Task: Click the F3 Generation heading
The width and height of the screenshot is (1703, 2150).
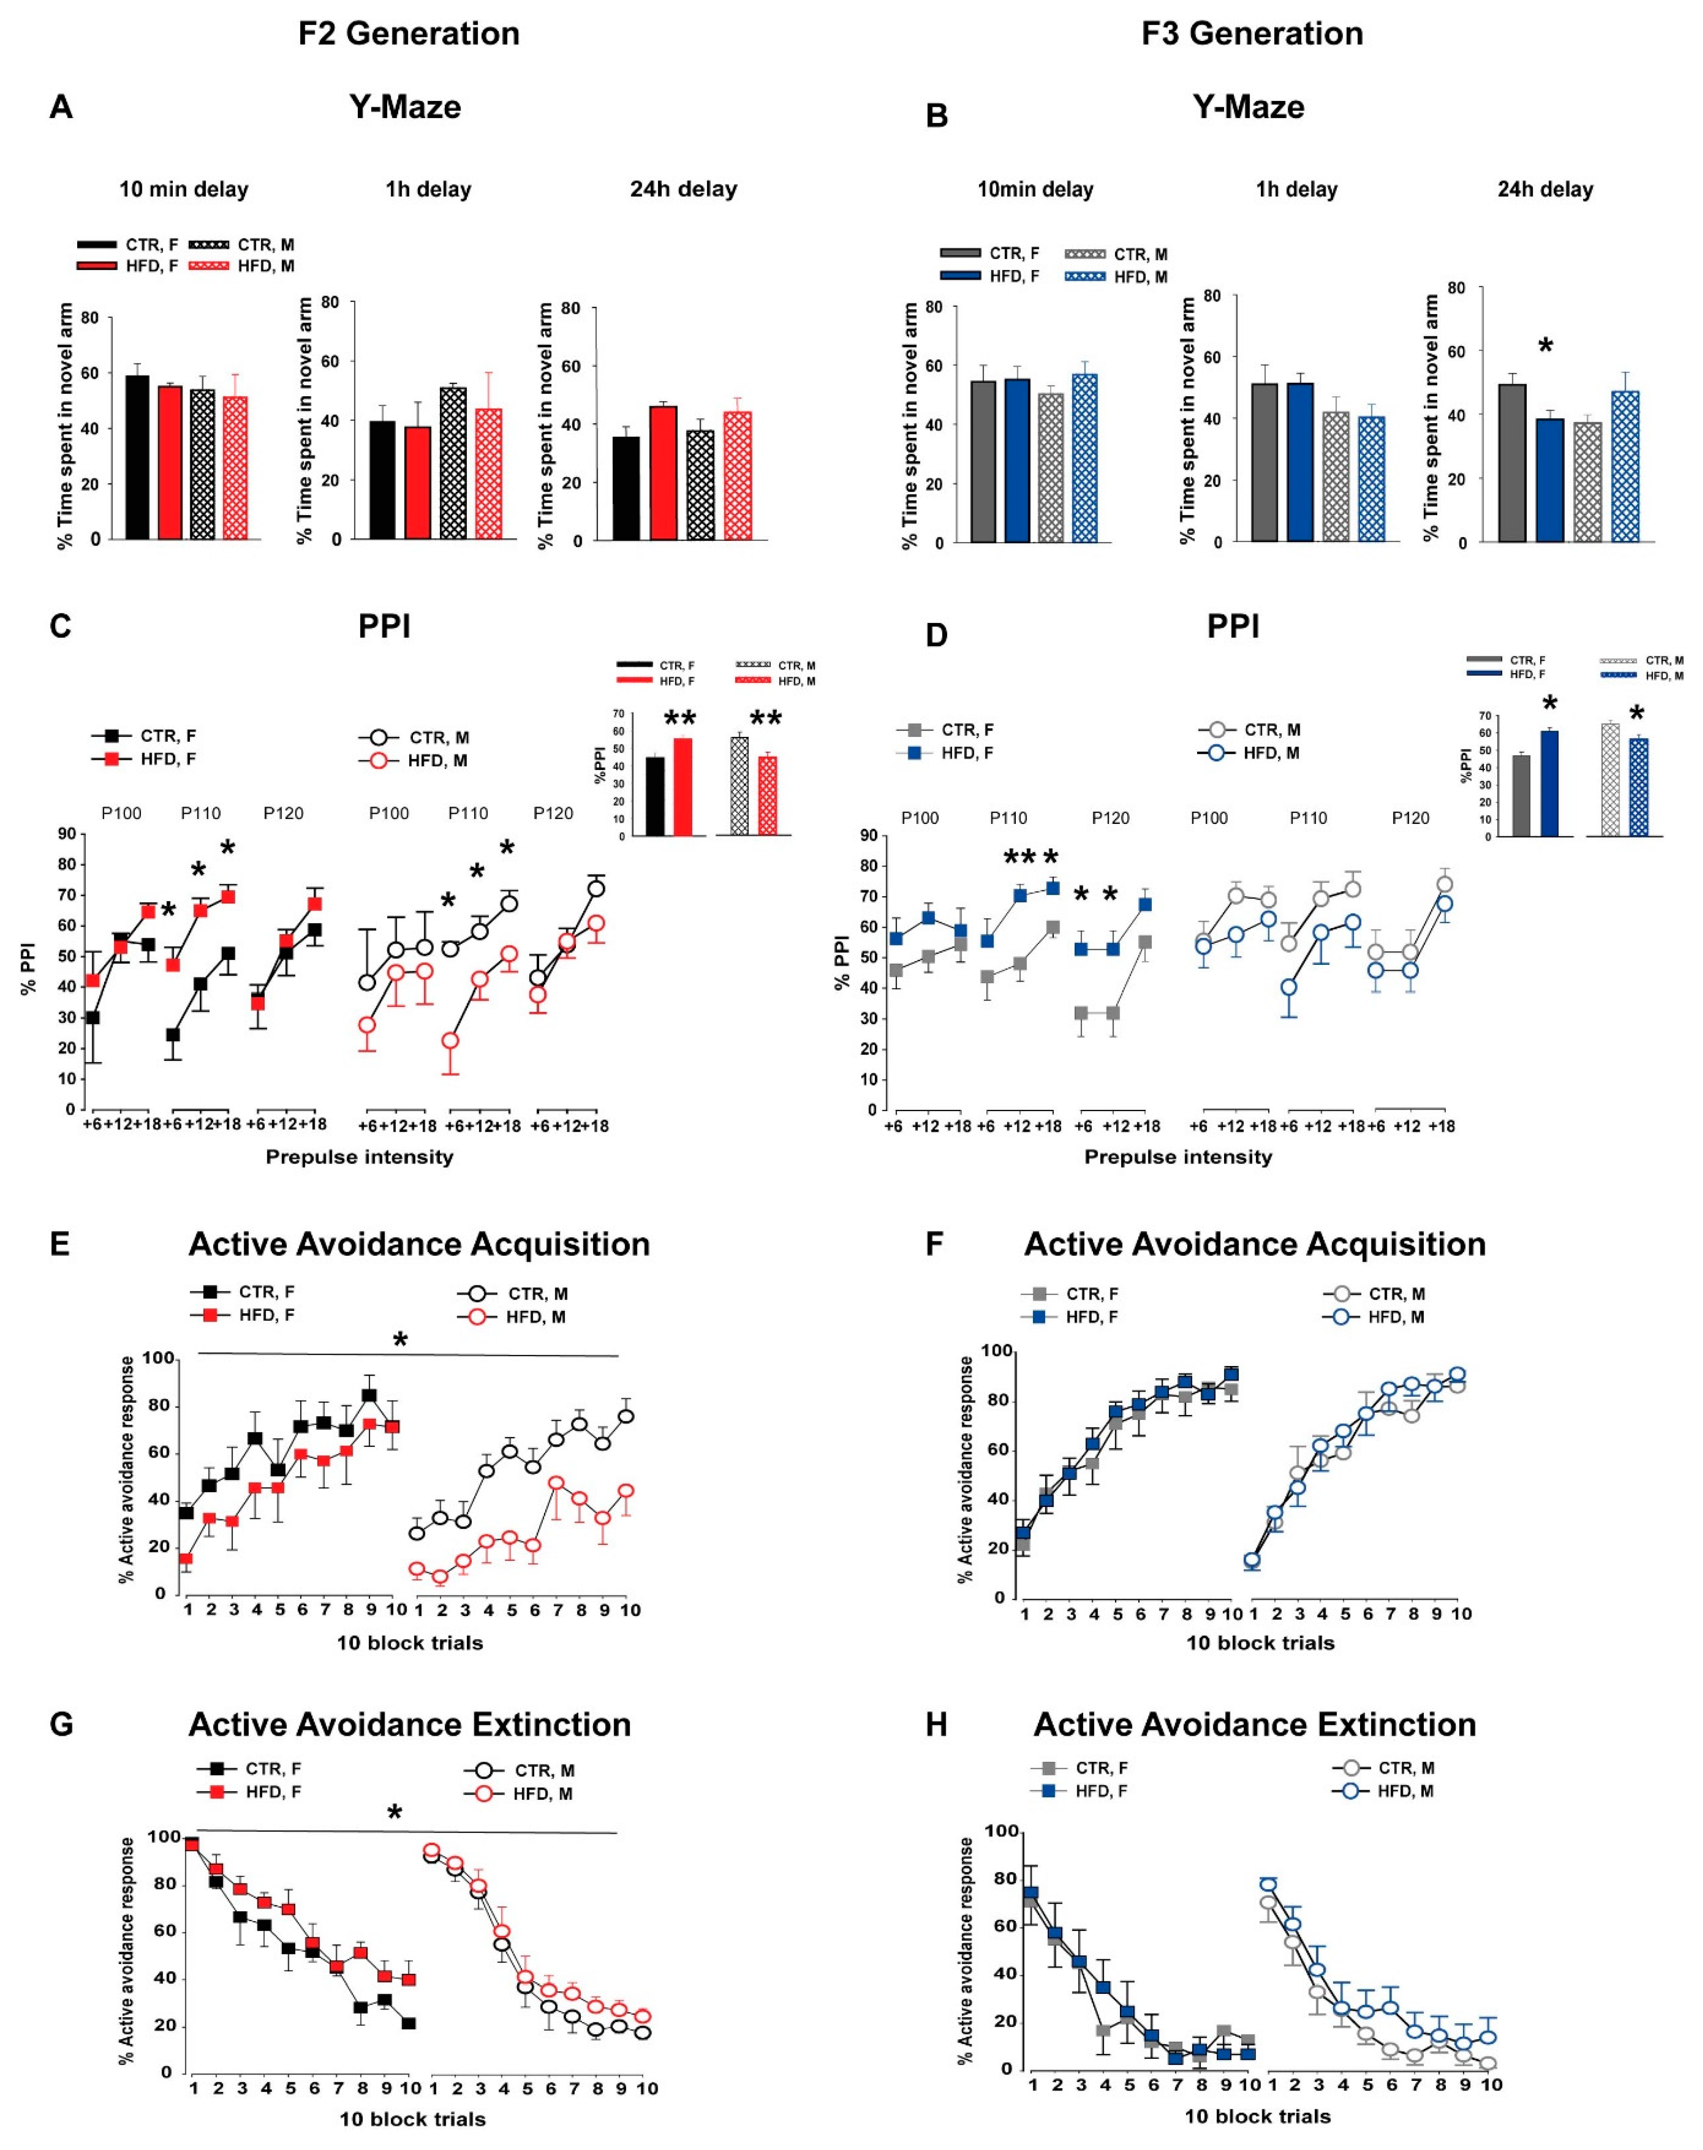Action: [x=1252, y=34]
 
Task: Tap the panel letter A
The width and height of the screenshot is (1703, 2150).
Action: [x=61, y=108]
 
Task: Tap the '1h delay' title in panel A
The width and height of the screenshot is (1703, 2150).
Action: [x=429, y=189]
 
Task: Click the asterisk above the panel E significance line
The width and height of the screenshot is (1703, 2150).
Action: [x=401, y=1340]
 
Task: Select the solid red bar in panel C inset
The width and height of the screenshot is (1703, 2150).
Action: [x=683, y=786]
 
